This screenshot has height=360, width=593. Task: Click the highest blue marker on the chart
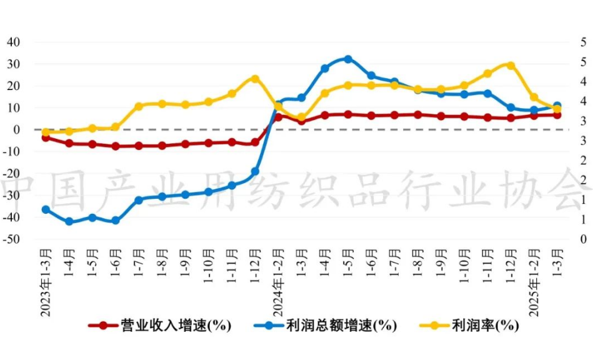coord(348,59)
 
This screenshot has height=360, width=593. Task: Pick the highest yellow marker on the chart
coord(511,66)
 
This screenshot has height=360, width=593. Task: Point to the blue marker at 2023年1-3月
coord(46,210)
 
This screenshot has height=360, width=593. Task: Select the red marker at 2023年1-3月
coord(46,137)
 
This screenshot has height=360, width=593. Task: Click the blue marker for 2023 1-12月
coord(255,171)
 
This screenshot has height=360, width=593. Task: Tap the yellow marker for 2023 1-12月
coord(255,79)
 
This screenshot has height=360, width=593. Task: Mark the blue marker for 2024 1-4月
coord(325,69)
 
